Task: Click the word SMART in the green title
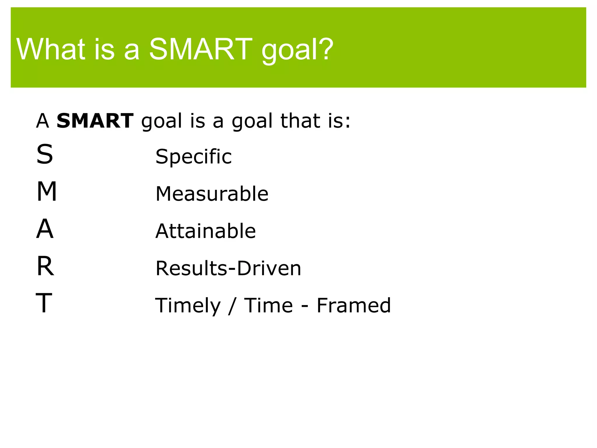tap(201, 50)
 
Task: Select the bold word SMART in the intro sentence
tap(95, 121)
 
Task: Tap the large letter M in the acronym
tap(47, 192)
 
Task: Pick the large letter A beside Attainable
tap(45, 229)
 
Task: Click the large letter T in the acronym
tap(44, 304)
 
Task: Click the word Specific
tap(194, 157)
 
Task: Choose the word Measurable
tap(212, 194)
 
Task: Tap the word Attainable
tap(206, 231)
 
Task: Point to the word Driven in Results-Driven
tap(269, 268)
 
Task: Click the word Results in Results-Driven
tap(191, 268)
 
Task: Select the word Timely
tap(188, 306)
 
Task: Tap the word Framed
tap(354, 306)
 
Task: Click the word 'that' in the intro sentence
tap(300, 121)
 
